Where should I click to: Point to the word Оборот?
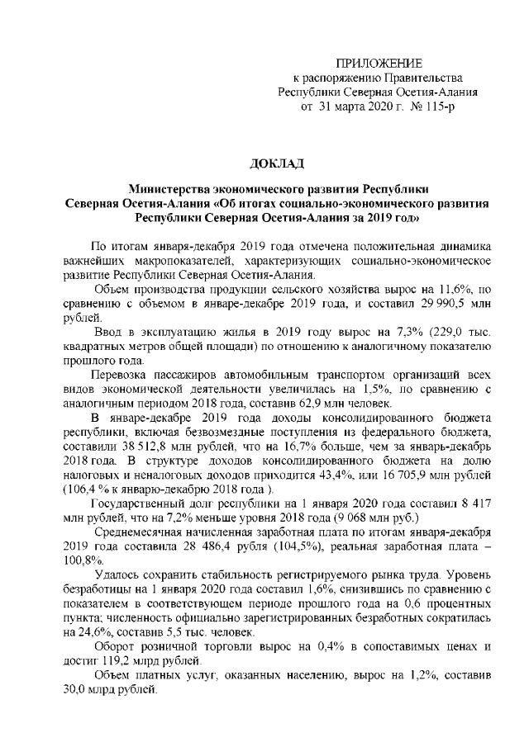tap(114, 646)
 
